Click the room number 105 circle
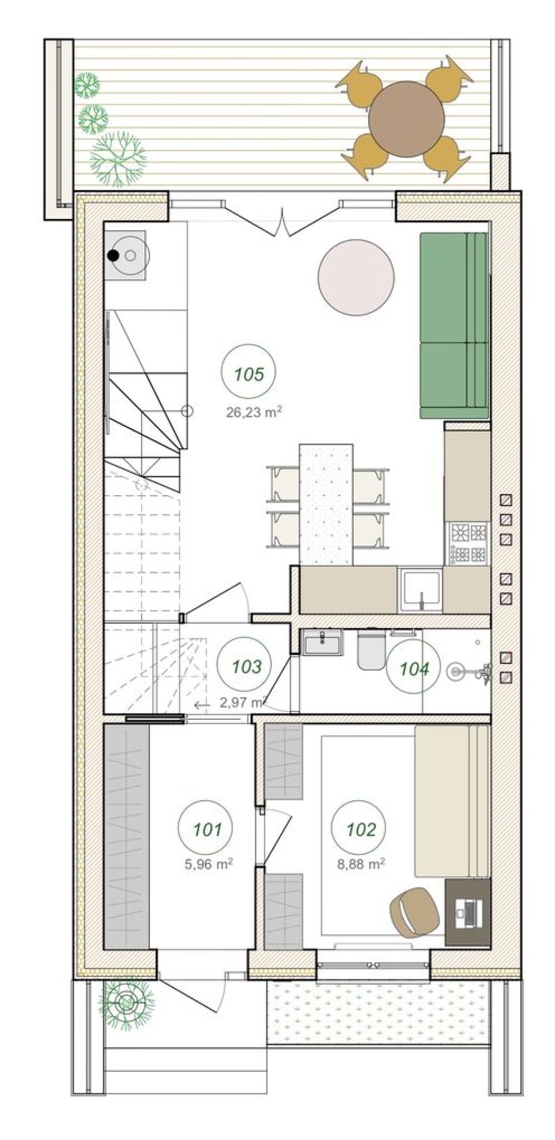click(249, 374)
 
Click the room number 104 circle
click(415, 669)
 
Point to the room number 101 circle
click(208, 829)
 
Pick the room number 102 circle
click(361, 829)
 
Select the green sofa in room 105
click(453, 325)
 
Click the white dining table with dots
click(326, 504)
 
